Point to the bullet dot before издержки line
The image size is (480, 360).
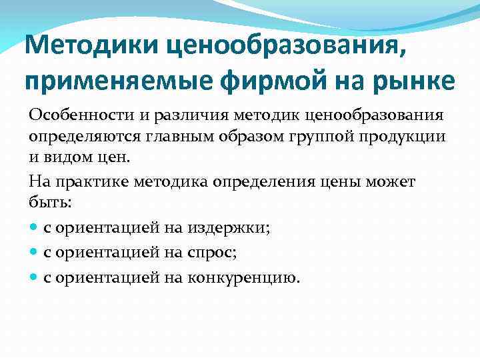[34, 228]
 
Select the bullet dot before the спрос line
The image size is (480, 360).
[34, 253]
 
